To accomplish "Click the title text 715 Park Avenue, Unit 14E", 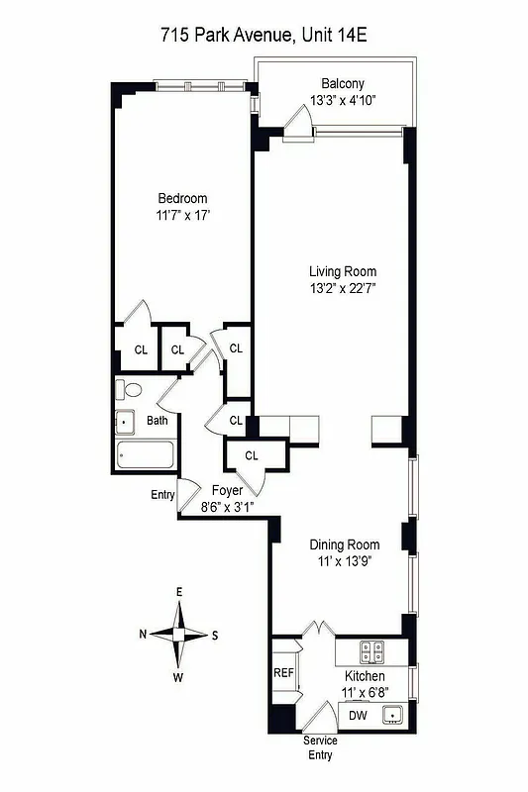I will (264, 36).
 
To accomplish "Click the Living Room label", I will (343, 271).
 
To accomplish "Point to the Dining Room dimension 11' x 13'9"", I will (344, 561).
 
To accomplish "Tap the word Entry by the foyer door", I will (162, 495).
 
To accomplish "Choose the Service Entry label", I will (321, 747).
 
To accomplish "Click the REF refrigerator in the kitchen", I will (284, 672).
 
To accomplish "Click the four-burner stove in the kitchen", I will (372, 651).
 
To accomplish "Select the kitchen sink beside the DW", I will (392, 714).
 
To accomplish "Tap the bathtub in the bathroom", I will (146, 455).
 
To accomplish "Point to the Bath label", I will (158, 421).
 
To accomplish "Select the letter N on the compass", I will (144, 635).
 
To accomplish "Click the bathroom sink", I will (126, 422).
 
